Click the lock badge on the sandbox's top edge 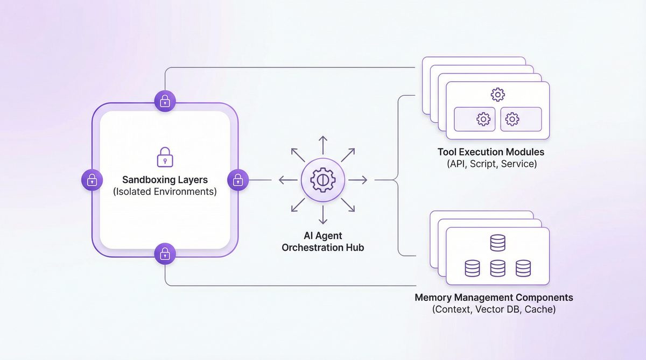point(165,101)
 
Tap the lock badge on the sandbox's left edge point(92,180)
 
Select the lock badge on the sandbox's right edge point(238,180)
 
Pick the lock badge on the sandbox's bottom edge point(165,253)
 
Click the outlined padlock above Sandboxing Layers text point(165,157)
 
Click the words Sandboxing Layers point(165,180)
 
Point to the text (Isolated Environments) point(165,192)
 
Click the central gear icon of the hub point(322,180)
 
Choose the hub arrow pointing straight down point(322,218)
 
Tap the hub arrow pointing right point(361,180)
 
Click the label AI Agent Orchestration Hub point(322,242)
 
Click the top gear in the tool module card point(497,95)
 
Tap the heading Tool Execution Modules point(490,152)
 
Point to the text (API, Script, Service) point(491,164)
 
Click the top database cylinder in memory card point(497,243)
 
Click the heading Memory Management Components point(494,298)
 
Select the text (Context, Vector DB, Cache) point(494,309)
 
